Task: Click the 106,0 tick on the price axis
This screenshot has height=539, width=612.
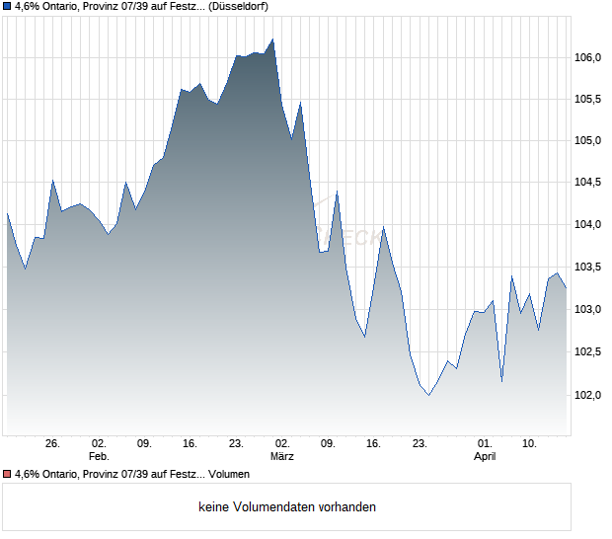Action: pyautogui.click(x=588, y=57)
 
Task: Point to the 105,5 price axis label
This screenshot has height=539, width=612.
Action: pyautogui.click(x=588, y=99)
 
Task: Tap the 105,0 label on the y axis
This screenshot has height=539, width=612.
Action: pyautogui.click(x=588, y=140)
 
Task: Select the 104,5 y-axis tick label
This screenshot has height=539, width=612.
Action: pyautogui.click(x=588, y=183)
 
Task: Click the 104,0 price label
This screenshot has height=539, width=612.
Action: pyautogui.click(x=588, y=225)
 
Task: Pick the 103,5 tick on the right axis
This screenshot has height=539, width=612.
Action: pyautogui.click(x=588, y=268)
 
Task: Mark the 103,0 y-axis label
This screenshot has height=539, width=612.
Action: pyautogui.click(x=588, y=310)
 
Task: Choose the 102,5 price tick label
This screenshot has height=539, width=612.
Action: pyautogui.click(x=588, y=352)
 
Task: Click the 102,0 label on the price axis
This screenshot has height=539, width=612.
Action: pyautogui.click(x=588, y=395)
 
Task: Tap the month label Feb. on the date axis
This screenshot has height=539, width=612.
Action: pyautogui.click(x=98, y=456)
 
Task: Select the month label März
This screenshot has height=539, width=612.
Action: pyautogui.click(x=281, y=456)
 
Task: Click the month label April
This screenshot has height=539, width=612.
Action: pyautogui.click(x=485, y=456)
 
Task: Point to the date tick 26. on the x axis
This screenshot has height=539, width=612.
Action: pyautogui.click(x=53, y=443)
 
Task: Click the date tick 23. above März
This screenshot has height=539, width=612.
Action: pyautogui.click(x=236, y=443)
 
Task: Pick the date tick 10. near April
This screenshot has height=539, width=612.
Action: pyautogui.click(x=530, y=443)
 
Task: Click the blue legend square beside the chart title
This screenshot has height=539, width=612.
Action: pyautogui.click(x=7, y=6)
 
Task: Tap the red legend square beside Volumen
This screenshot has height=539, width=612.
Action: pyautogui.click(x=7, y=474)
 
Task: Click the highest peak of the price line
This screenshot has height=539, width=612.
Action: pyautogui.click(x=272, y=39)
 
